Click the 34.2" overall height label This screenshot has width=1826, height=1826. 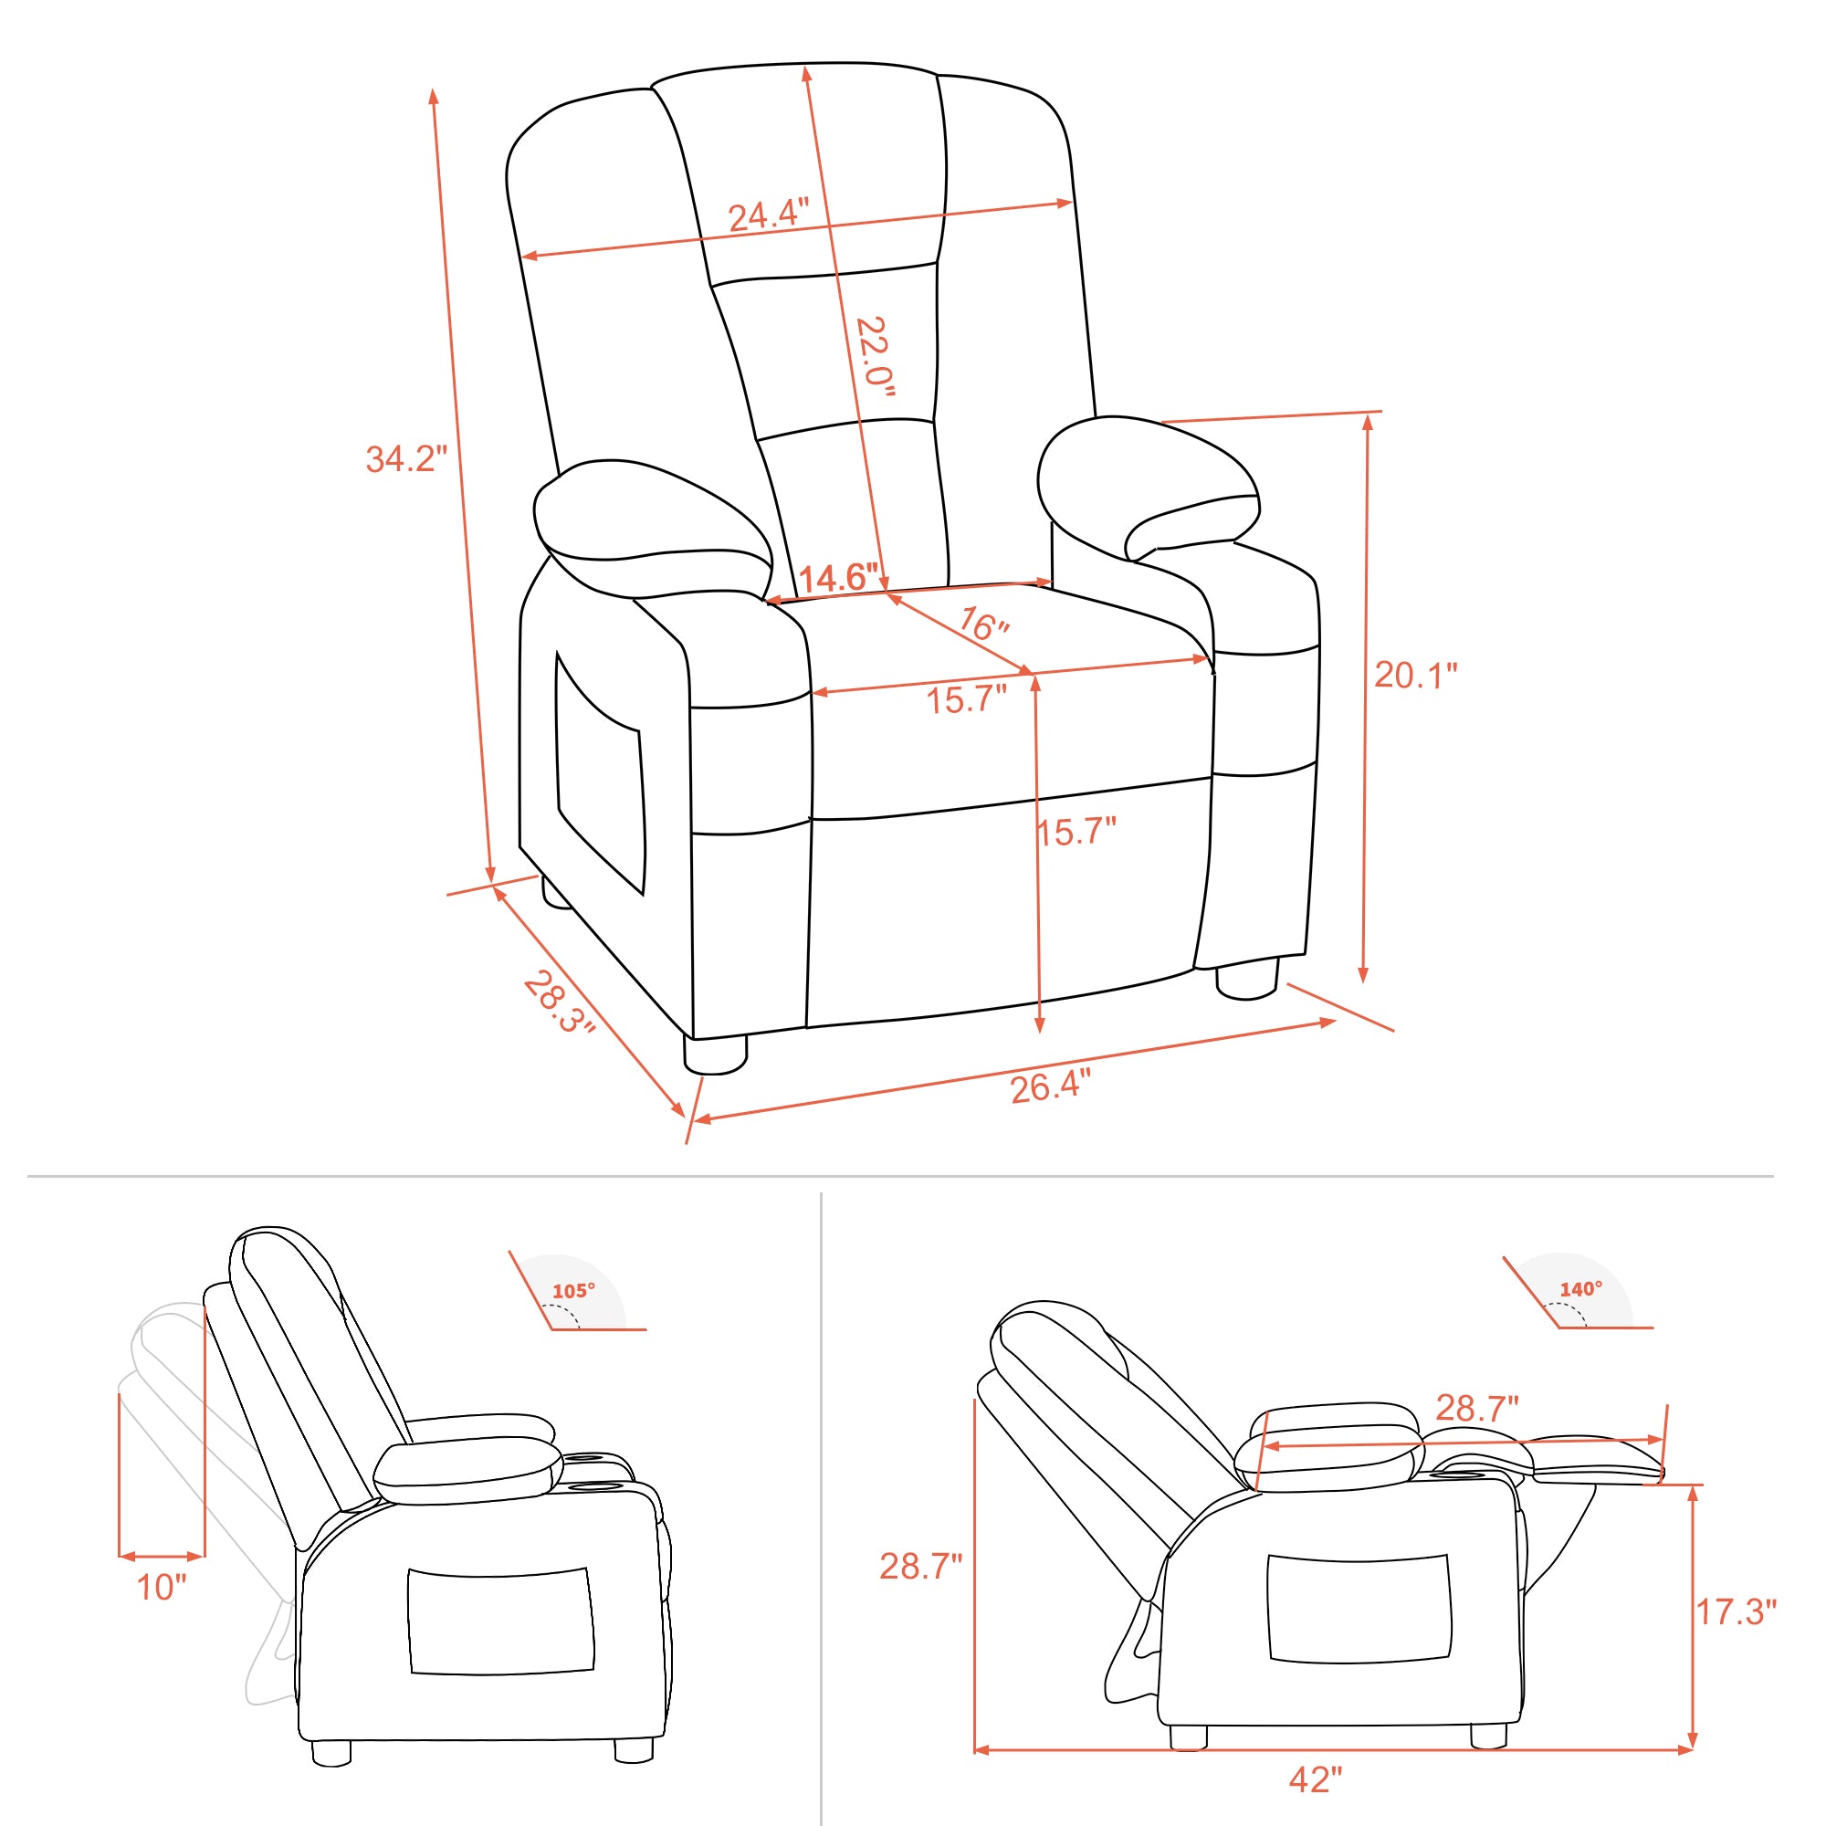pos(405,458)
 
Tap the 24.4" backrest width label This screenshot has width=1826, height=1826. pos(769,215)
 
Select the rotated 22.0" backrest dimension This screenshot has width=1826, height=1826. pos(875,356)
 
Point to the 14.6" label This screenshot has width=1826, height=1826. pos(838,578)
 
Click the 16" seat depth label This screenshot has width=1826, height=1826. pos(984,624)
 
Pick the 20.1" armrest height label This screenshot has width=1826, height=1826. pos(1415,675)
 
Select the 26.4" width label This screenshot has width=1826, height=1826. pos(1050,1086)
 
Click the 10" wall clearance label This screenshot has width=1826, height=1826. pos(162,1588)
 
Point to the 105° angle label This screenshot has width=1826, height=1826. pos(573,1291)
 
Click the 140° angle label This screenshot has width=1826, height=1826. pos(1580,1289)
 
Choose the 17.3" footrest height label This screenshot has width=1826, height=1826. pos(1736,1612)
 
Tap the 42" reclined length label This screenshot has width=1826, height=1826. pos(1315,1780)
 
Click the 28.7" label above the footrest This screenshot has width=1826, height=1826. pos(1476,1408)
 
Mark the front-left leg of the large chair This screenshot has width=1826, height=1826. pos(715,1055)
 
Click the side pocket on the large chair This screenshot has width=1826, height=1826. pos(599,772)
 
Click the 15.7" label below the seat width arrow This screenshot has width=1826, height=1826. pos(966,700)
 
